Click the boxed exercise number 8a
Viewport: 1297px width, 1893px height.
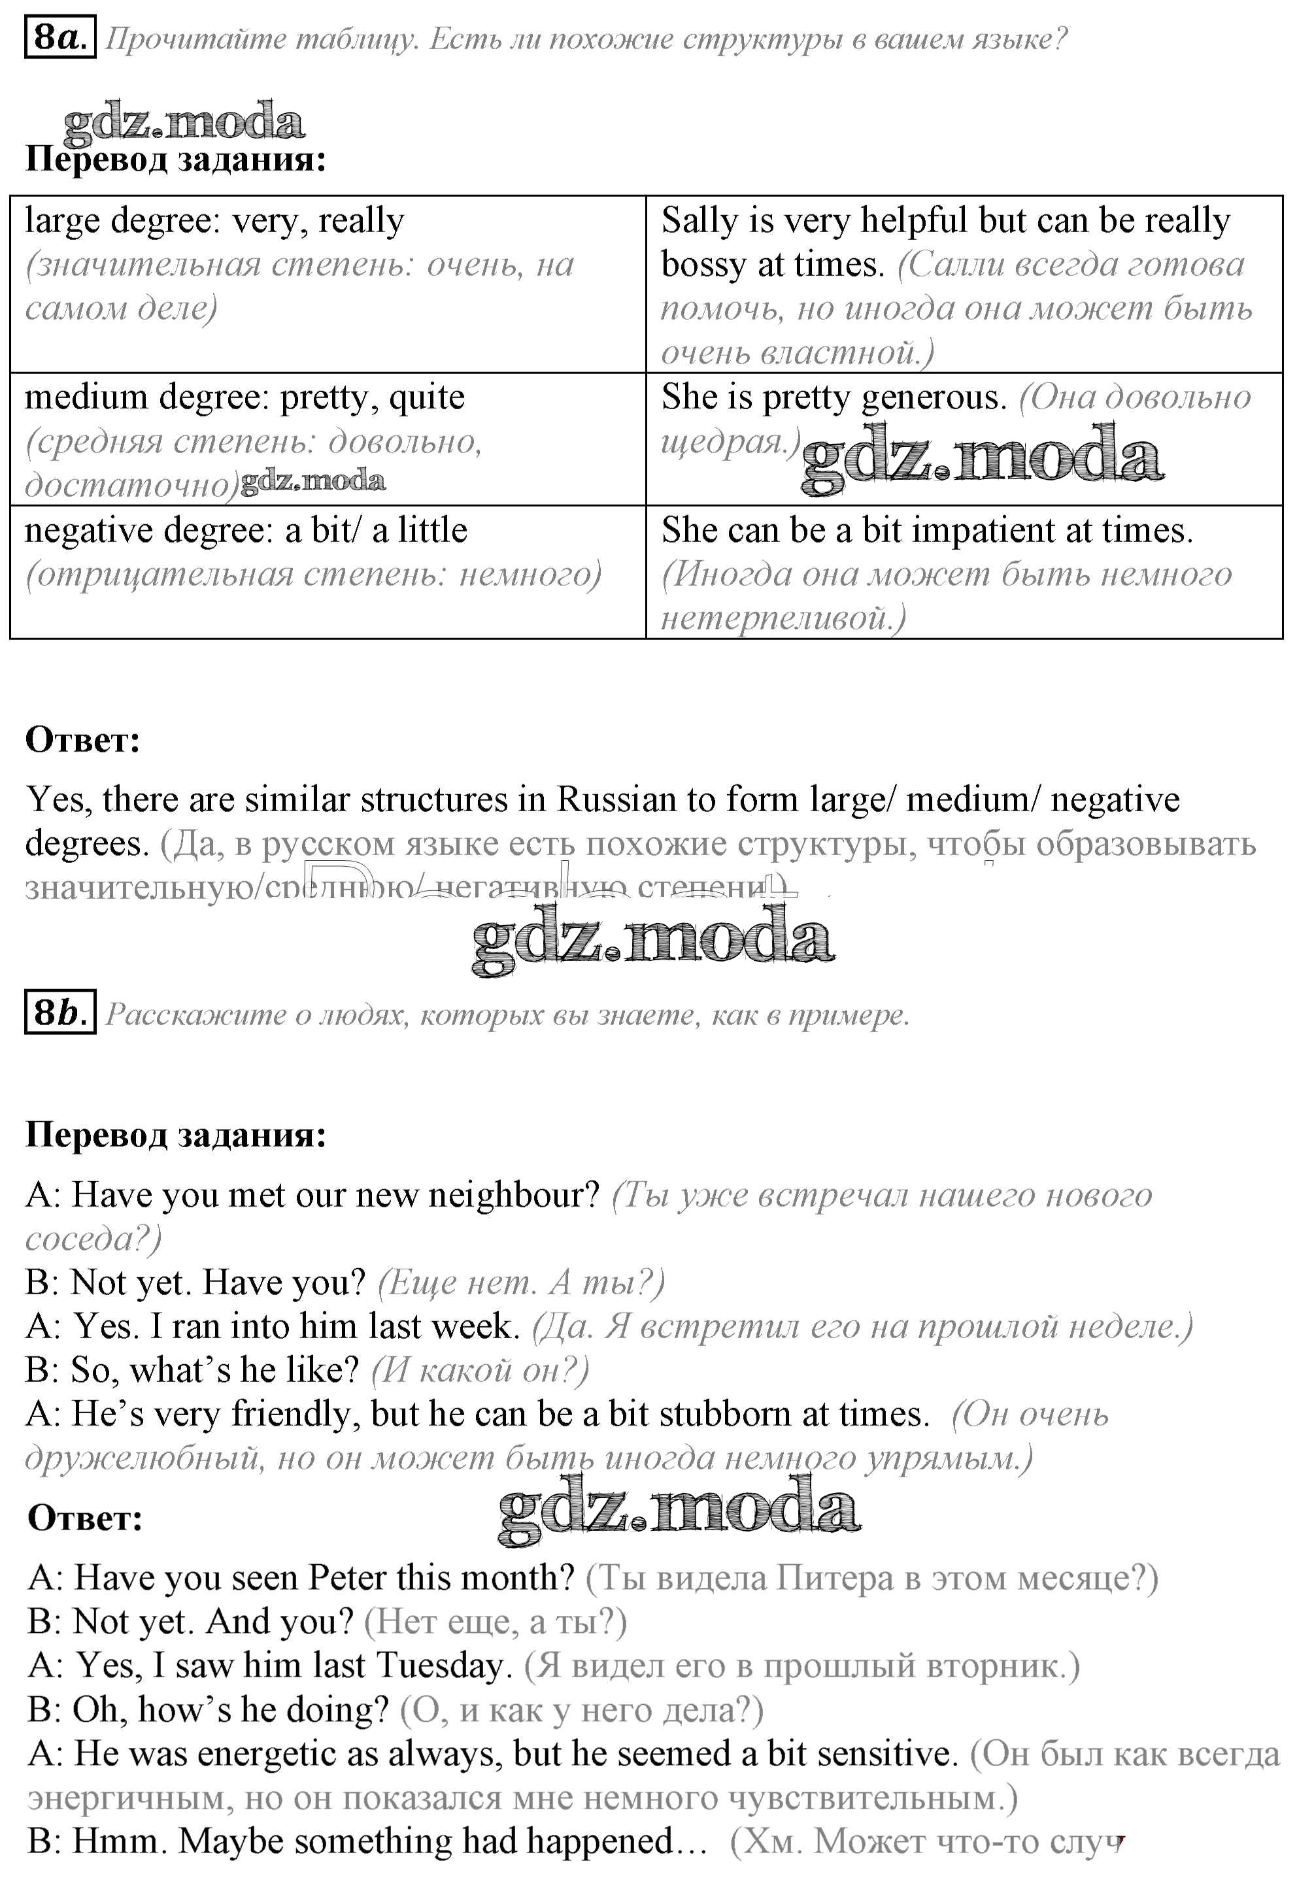pos(59,37)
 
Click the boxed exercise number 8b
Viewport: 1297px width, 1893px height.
pos(59,1013)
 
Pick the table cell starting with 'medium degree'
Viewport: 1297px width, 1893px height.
pos(328,439)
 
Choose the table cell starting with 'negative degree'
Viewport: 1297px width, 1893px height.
pos(328,571)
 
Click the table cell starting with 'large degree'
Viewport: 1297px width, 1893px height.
pos(328,284)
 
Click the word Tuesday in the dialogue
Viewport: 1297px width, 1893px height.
pos(443,1665)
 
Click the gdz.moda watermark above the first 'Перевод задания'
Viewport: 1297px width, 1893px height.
pos(184,122)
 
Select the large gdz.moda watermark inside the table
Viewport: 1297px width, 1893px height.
pos(983,459)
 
